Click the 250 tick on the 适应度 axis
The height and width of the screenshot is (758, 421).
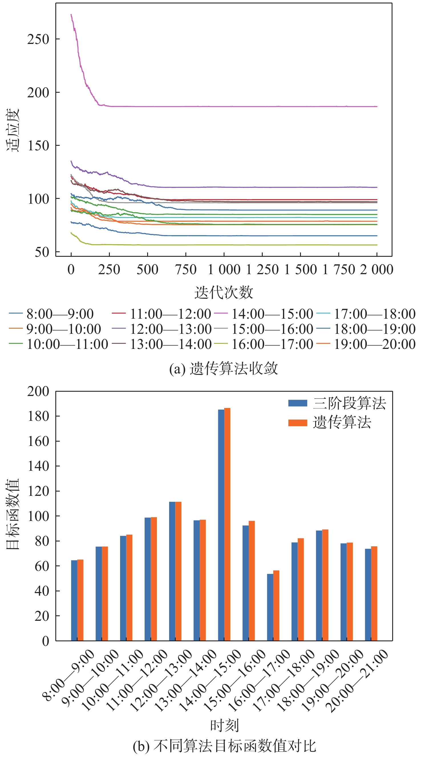coord(38,39)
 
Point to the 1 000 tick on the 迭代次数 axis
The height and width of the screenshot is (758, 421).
coord(224,270)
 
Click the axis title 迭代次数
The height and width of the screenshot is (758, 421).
coord(224,292)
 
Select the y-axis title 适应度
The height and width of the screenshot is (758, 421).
coord(13,130)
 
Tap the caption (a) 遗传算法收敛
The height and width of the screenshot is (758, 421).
coord(224,368)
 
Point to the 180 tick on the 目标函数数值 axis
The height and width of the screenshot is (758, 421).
coord(38,416)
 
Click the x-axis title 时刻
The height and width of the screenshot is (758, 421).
coord(224,725)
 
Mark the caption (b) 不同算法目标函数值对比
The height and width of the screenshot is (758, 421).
coord(224,746)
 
